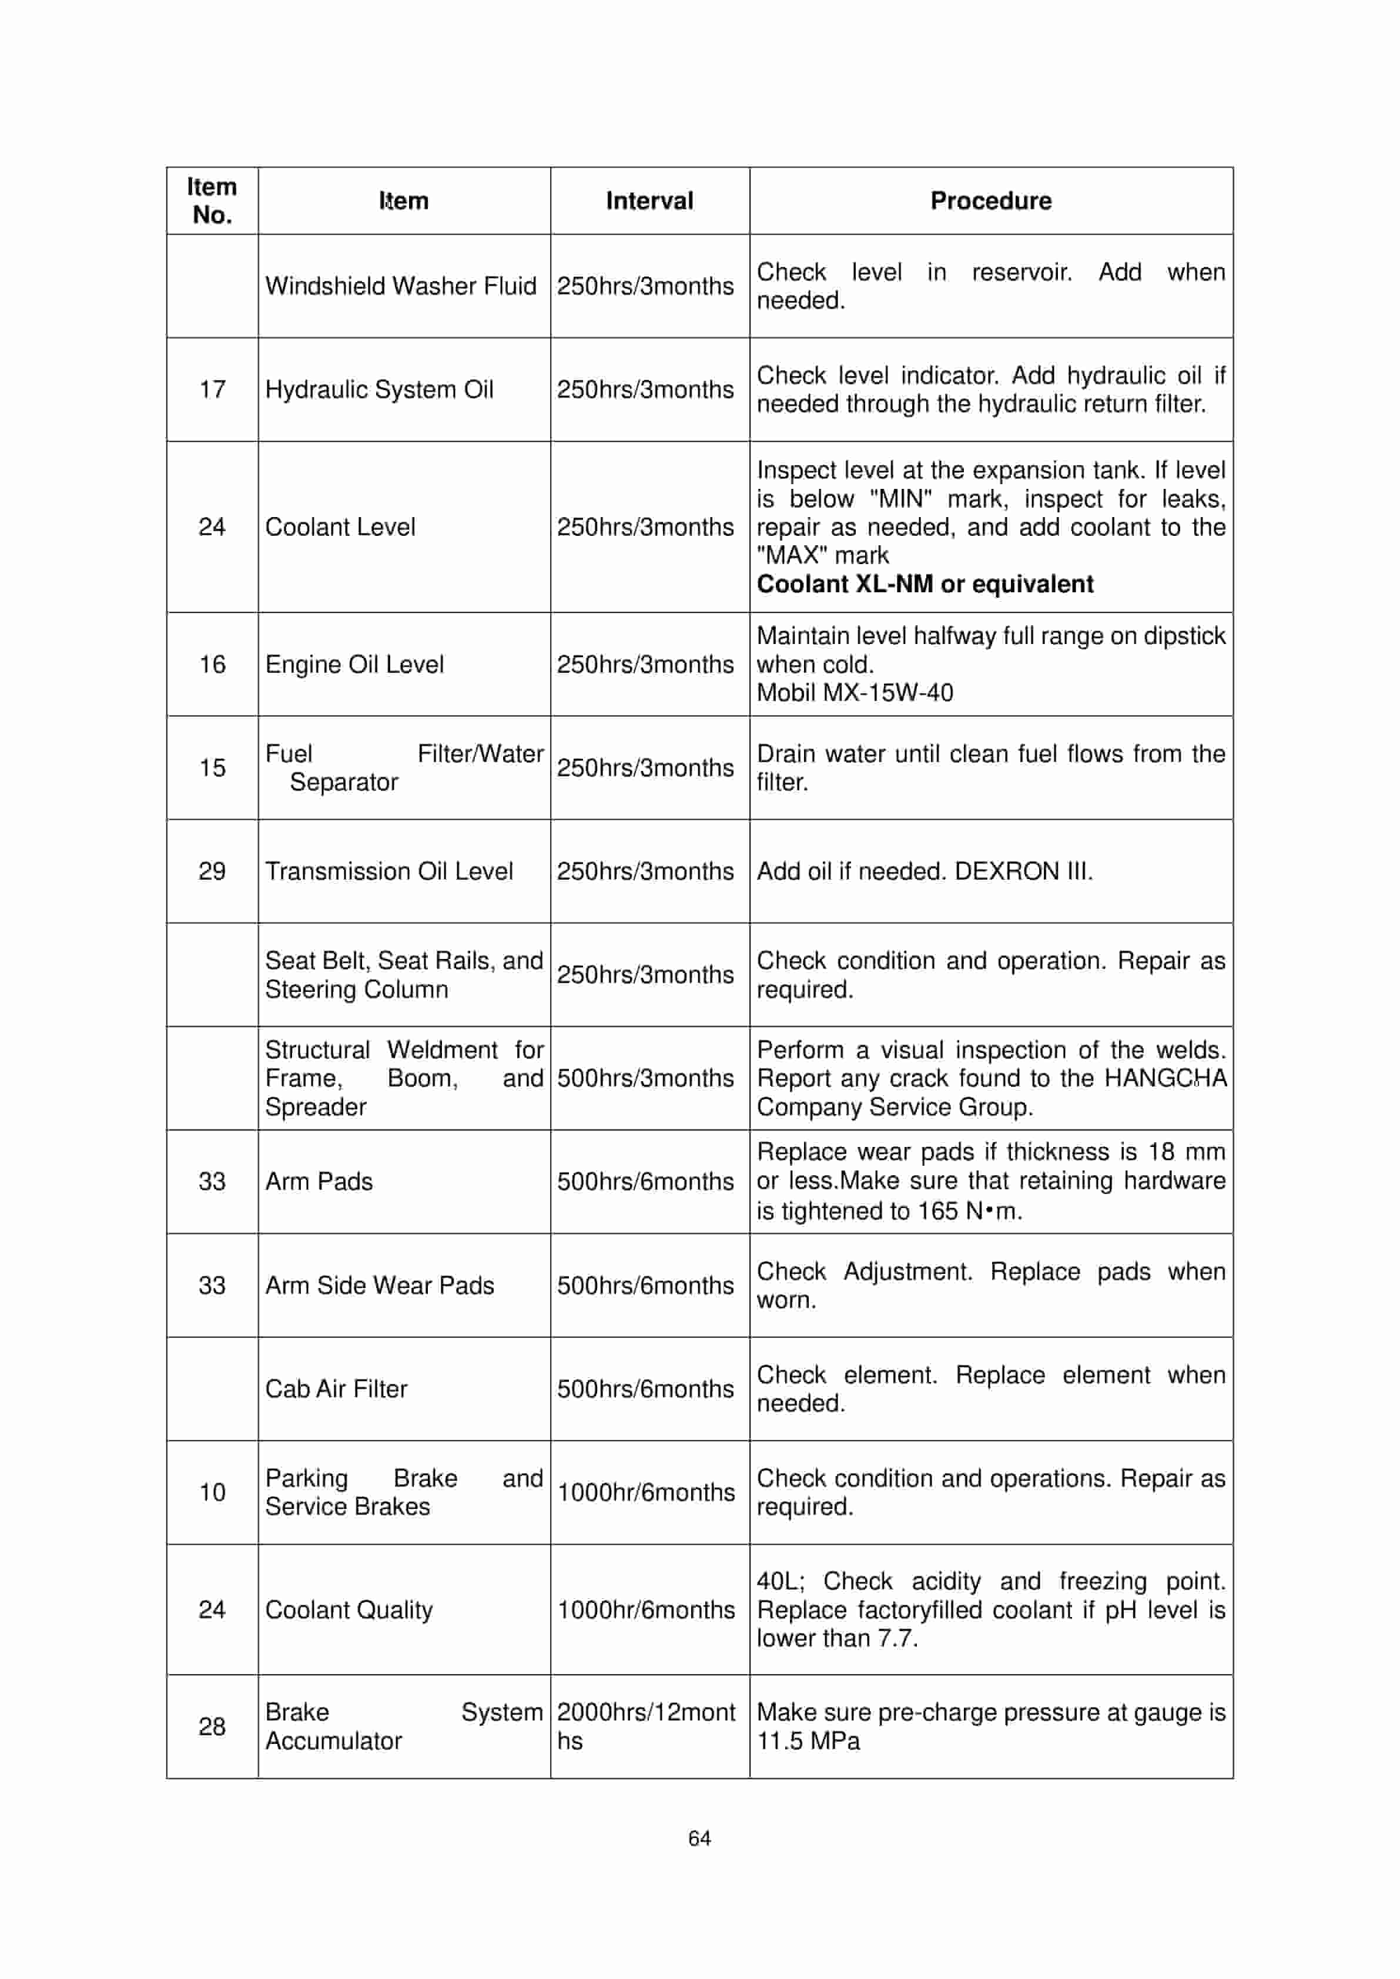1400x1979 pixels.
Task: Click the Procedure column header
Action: (990, 201)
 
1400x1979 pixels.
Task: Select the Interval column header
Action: (649, 201)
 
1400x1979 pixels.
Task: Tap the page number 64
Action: (699, 1839)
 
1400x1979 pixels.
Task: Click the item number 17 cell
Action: (212, 390)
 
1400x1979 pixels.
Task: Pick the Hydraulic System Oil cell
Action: (379, 390)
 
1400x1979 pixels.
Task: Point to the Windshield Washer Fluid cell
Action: (401, 286)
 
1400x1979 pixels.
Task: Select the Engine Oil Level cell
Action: (354, 665)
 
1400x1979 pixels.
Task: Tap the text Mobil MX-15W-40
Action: (855, 693)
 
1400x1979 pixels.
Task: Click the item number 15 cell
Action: (212, 768)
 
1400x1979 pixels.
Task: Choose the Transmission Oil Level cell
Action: (389, 871)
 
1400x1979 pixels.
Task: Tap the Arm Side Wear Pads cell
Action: (379, 1285)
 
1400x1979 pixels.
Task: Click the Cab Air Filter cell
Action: (336, 1388)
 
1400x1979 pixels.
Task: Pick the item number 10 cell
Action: (212, 1492)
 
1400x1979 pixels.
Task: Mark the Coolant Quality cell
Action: (349, 1609)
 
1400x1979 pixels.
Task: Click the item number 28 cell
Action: (212, 1726)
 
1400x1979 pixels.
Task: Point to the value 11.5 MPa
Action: (808, 1741)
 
